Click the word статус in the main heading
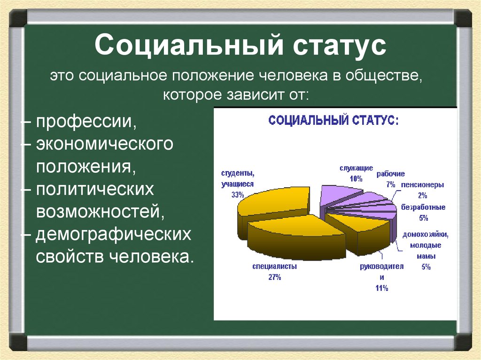[326, 46]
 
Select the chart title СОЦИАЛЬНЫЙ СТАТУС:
[334, 120]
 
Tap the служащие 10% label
[357, 173]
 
